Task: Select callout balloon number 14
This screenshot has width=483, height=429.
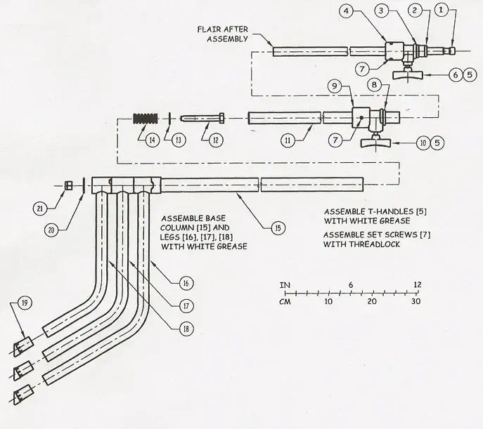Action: pos(151,140)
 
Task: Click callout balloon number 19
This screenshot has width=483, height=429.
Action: pos(25,303)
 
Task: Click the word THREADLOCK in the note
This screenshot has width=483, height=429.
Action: pos(359,245)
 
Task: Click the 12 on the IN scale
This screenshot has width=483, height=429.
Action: pos(418,284)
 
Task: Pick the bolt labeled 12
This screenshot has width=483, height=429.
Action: pos(203,118)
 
